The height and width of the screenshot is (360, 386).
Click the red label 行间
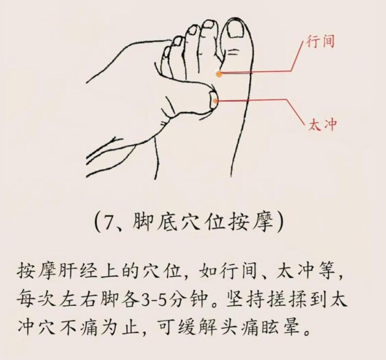[x=320, y=41]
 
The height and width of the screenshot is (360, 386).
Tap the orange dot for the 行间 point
[x=219, y=74]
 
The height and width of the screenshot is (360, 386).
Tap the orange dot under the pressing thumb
[x=215, y=101]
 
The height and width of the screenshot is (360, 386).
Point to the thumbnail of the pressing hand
[x=213, y=100]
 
